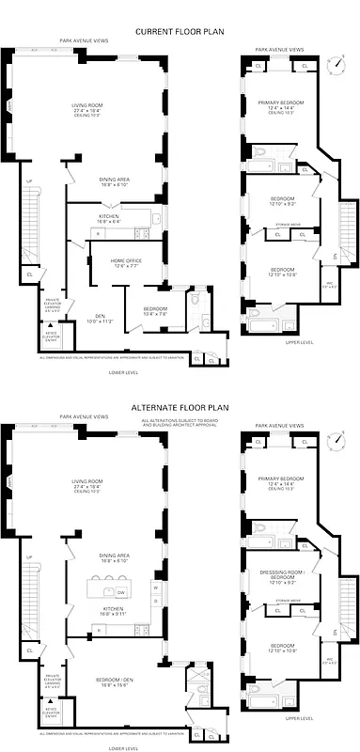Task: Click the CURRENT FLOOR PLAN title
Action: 180,31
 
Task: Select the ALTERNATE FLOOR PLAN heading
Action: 180,408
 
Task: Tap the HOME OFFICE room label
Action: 126,262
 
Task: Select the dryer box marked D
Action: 155,603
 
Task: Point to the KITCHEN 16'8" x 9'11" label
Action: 112,611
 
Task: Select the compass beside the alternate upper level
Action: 336,440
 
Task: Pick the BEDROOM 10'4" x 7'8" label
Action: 155,310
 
